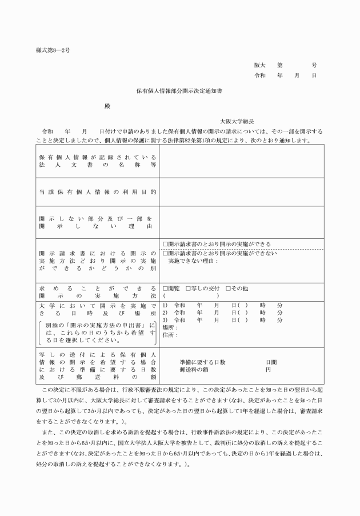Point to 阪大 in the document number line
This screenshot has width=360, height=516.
pos(260,65)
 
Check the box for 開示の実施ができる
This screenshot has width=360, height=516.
pos(165,244)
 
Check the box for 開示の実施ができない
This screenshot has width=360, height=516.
pos(165,253)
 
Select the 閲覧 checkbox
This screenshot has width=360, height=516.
pos(165,287)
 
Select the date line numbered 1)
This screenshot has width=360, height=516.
pos(223,305)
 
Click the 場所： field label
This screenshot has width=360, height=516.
pos(170,327)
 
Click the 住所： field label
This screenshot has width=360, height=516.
pos(170,335)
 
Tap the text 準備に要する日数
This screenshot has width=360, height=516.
pos(202,362)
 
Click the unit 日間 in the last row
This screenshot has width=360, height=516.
pos(271,362)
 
